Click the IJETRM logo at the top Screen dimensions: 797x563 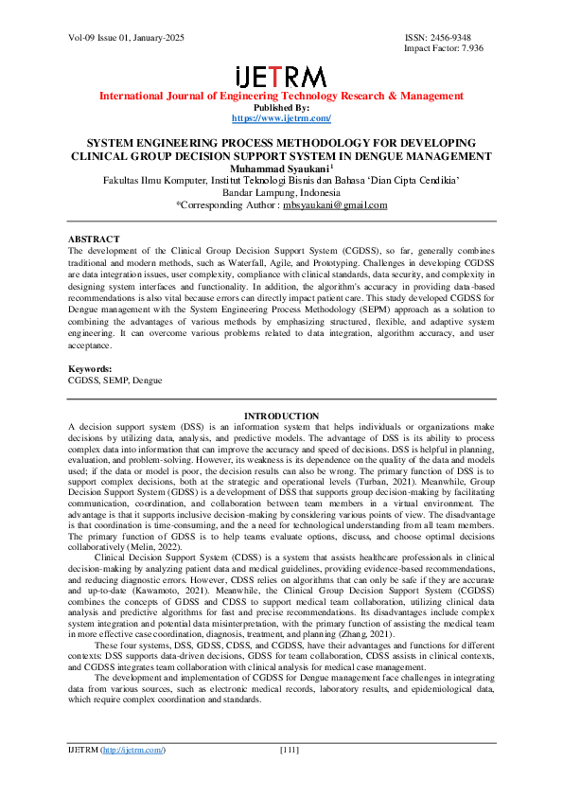click(281, 77)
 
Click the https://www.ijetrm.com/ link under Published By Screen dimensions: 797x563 click(281, 118)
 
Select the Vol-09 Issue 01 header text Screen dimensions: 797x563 click(126, 38)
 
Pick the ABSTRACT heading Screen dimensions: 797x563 click(93, 239)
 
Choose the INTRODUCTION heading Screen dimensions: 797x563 click(281, 416)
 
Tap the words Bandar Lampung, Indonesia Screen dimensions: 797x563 click(281, 192)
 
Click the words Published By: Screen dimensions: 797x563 click(281, 107)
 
